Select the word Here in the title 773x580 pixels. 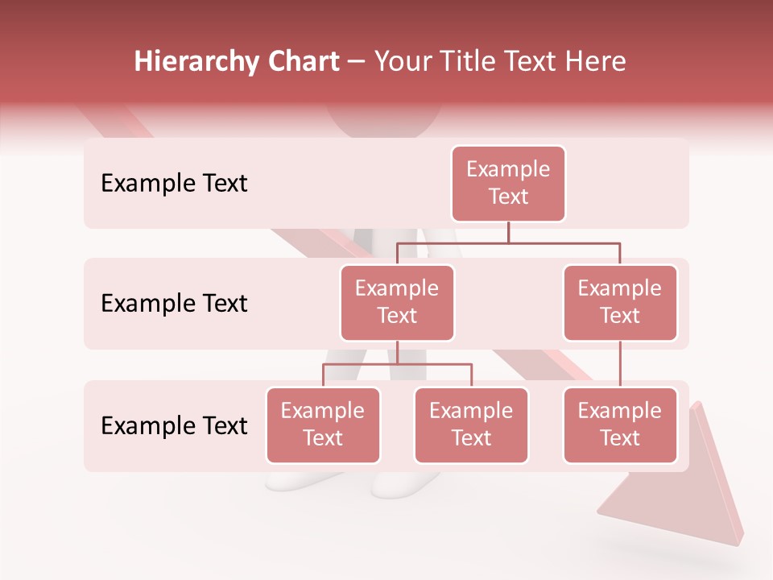[595, 61]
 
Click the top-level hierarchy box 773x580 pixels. [508, 184]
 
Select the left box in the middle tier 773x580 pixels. [397, 303]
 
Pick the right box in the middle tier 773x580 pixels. [620, 303]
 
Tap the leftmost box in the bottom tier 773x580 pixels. [323, 425]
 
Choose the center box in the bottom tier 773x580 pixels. [471, 425]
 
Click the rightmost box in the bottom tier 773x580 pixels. [620, 425]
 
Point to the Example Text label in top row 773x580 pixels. [174, 184]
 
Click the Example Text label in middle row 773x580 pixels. [174, 304]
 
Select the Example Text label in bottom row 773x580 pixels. [174, 425]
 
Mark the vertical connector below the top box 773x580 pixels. [508, 232]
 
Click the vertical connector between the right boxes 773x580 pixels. [620, 364]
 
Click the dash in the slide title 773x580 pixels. [356, 62]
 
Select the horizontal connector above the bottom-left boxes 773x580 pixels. [397, 364]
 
